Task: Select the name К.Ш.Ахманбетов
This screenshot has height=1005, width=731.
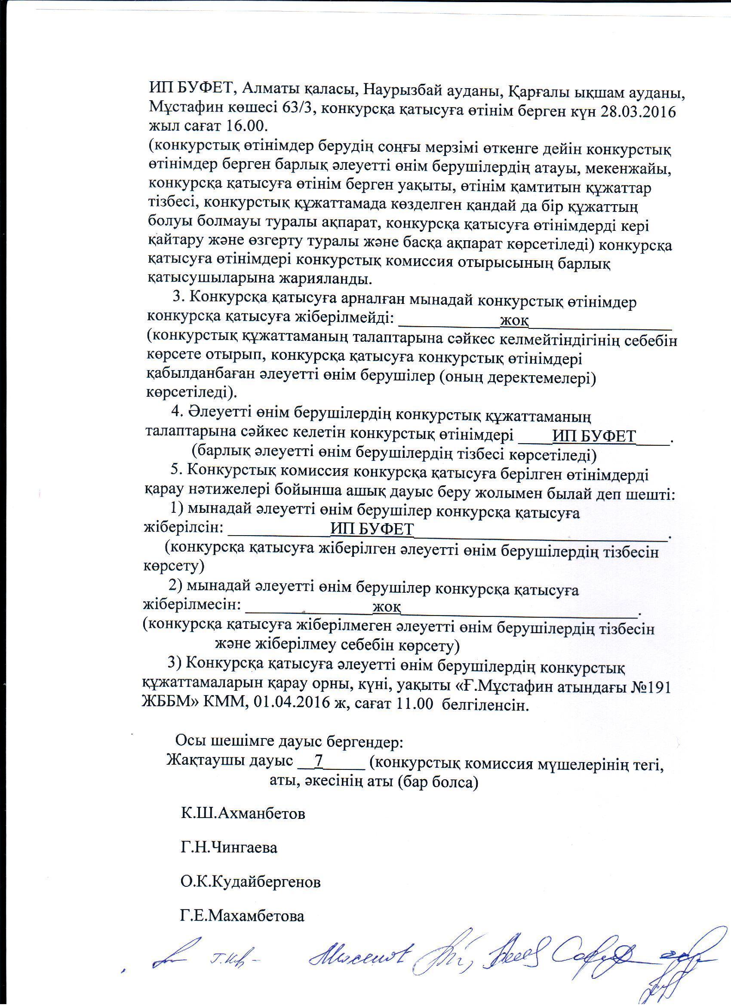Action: (x=243, y=814)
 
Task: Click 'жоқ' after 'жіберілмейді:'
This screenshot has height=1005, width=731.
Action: (x=514, y=320)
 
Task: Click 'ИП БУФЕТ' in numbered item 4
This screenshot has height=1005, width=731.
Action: (x=594, y=436)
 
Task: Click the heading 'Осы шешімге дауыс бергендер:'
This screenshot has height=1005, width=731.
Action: (x=289, y=741)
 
